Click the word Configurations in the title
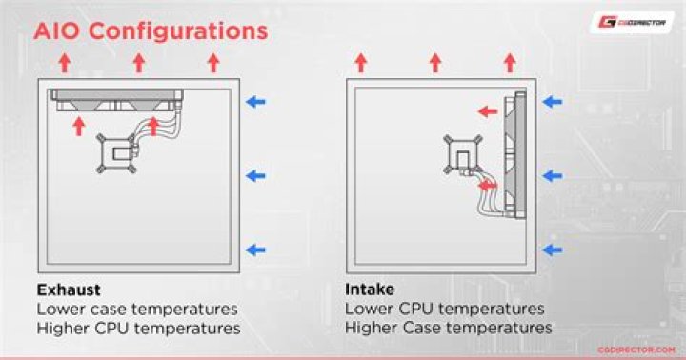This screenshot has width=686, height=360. (178, 32)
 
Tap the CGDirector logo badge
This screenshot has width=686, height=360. (632, 22)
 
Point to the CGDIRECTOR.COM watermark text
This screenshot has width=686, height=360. (636, 350)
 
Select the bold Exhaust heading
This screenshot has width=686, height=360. (69, 290)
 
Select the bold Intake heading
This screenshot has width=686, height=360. (370, 290)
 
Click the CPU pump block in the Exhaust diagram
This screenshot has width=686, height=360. (116, 153)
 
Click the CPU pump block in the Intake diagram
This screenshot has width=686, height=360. (462, 155)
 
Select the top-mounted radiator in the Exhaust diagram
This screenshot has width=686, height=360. (117, 100)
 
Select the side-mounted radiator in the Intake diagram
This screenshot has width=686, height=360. (514, 155)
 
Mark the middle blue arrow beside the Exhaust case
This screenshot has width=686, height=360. (255, 176)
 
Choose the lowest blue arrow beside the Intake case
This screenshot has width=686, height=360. (552, 250)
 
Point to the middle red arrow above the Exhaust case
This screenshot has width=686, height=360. (139, 63)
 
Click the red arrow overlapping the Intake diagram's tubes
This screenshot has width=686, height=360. (488, 186)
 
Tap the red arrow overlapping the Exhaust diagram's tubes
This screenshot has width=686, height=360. (153, 127)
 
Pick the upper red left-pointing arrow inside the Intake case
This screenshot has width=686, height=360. (488, 112)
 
